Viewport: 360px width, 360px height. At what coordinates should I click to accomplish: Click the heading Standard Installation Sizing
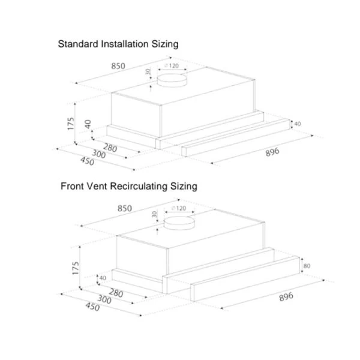click(x=118, y=44)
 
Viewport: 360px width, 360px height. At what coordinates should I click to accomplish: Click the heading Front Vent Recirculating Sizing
click(x=128, y=187)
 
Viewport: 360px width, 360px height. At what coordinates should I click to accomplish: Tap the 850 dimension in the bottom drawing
click(x=124, y=208)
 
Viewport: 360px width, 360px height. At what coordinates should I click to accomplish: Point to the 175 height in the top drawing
click(x=71, y=124)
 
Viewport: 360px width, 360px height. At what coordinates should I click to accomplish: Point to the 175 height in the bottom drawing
click(x=75, y=268)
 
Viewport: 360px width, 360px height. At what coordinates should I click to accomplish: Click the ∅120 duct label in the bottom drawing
click(x=178, y=208)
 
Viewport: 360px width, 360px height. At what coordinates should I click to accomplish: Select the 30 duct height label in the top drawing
click(x=148, y=72)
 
